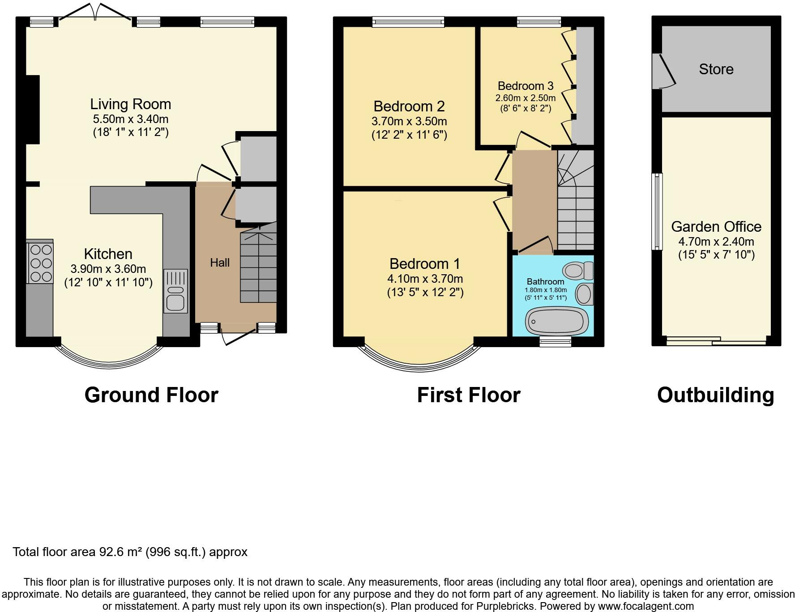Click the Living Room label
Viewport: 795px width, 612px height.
(131, 104)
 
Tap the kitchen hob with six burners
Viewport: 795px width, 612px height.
(41, 263)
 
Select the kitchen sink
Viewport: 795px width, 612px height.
(175, 291)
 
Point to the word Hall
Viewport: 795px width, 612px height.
(220, 263)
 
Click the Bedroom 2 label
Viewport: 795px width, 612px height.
(409, 106)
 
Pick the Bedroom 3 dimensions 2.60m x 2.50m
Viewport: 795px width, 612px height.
(526, 98)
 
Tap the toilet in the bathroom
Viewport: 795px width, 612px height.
(578, 270)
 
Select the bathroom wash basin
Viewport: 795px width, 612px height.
(584, 294)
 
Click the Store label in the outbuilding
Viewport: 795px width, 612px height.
(716, 69)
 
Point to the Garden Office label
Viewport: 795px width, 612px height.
(716, 226)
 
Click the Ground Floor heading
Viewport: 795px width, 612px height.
(151, 395)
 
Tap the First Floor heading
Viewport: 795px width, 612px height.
(469, 395)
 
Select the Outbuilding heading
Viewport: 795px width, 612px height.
(715, 395)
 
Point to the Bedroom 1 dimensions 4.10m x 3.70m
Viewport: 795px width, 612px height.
(425, 279)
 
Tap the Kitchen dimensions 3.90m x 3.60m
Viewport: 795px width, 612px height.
(108, 269)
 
